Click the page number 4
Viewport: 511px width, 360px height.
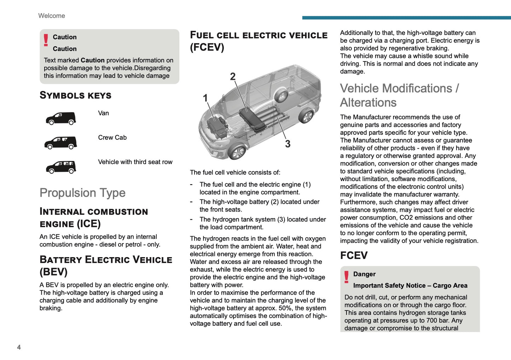19,347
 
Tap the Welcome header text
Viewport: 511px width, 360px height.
52,16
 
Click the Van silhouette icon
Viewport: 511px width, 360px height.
61,118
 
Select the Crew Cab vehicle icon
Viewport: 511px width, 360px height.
60,143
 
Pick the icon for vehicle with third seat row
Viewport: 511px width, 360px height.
61,167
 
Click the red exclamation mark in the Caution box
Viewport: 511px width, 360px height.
46,40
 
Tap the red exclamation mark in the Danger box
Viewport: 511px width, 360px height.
347,277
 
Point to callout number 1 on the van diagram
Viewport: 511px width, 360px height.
205,98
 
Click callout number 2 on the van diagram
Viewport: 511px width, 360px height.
233,76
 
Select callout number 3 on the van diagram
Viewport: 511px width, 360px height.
288,144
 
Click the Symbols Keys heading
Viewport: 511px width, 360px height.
75,95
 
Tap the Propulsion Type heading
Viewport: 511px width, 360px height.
82,193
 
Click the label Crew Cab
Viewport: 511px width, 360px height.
112,138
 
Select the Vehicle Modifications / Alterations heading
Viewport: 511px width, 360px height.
399,95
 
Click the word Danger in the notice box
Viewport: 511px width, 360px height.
364,274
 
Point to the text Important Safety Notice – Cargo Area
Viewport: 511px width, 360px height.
410,285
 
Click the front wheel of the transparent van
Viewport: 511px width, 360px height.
237,152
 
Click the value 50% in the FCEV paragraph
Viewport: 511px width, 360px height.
285,308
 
